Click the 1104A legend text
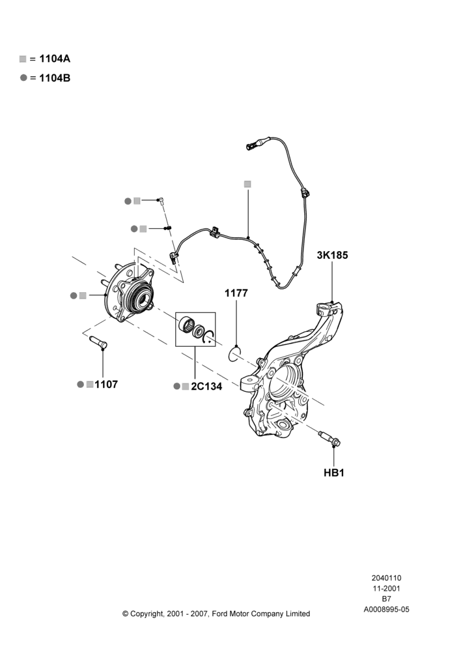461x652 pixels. [x=55, y=59]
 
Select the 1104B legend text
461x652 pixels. [x=55, y=78]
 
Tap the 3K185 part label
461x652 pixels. [x=332, y=255]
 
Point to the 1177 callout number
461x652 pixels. [x=236, y=293]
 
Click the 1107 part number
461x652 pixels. [x=106, y=384]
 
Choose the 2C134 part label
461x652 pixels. [x=206, y=386]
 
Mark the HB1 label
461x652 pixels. [x=334, y=473]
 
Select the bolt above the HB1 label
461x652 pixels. [x=329, y=438]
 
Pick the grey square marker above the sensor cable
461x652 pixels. [x=247, y=184]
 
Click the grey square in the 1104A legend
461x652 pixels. [x=23, y=59]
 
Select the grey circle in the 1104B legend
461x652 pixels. [x=23, y=78]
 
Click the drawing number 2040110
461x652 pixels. [x=386, y=578]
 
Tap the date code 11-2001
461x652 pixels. [x=386, y=588]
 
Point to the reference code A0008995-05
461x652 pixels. [x=386, y=610]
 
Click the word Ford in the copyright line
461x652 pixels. [x=221, y=614]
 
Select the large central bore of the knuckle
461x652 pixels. [x=285, y=383]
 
